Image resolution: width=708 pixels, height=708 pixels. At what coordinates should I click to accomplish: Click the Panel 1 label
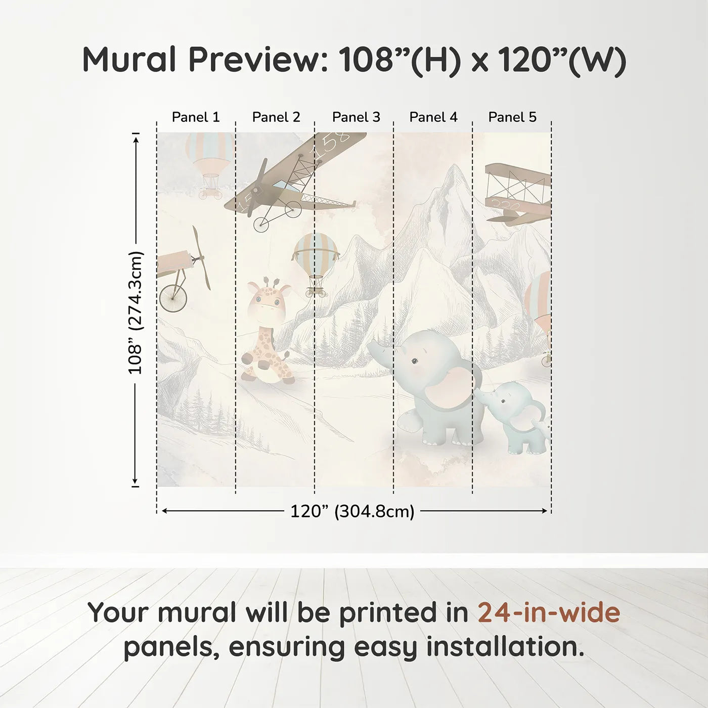pyautogui.click(x=196, y=117)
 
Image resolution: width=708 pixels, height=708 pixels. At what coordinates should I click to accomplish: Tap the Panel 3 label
pyautogui.click(x=356, y=117)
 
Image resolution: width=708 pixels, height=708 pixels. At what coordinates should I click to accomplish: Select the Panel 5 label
pyautogui.click(x=512, y=117)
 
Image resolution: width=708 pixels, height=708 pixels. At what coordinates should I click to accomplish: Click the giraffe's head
pyautogui.click(x=269, y=301)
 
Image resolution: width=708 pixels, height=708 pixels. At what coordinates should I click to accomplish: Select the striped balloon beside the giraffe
pyautogui.click(x=316, y=255)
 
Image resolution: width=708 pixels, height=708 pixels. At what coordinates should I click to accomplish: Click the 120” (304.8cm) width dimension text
pyautogui.click(x=352, y=511)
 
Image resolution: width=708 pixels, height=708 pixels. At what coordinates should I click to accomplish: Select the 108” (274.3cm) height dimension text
pyautogui.click(x=136, y=313)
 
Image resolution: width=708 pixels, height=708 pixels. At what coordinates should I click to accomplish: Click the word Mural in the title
pyautogui.click(x=129, y=60)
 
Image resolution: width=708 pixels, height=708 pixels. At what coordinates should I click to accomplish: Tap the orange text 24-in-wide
pyautogui.click(x=549, y=612)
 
